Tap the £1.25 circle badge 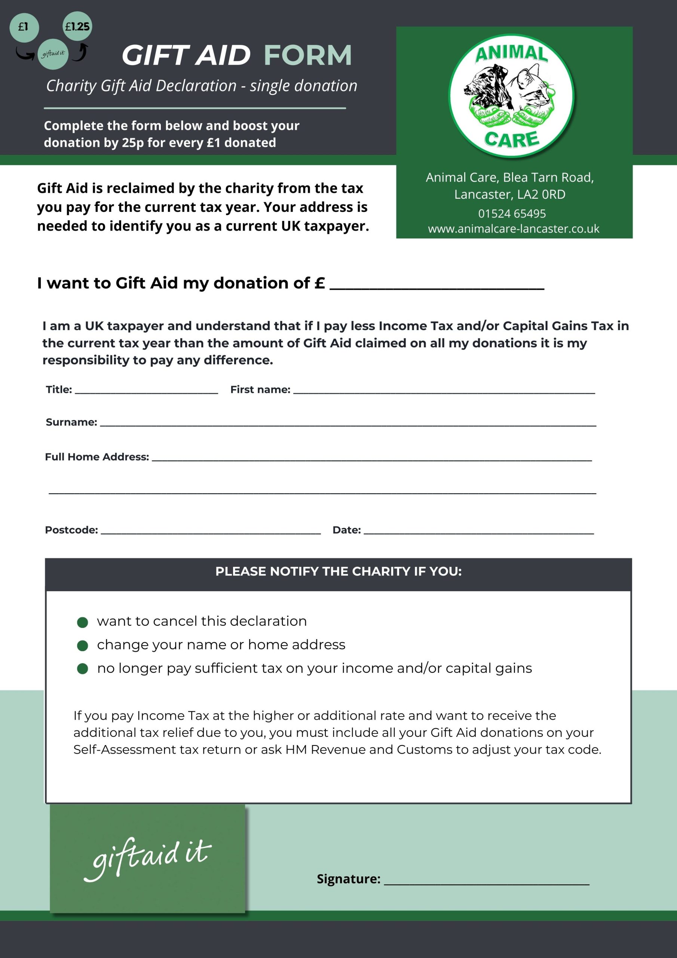pos(77,27)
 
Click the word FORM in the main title pos(308,55)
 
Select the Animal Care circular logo pos(511,95)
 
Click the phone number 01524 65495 pos(512,214)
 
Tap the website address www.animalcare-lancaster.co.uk pos(514,229)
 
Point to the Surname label pos(71,422)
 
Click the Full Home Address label pos(97,457)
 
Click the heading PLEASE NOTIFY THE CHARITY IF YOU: pos(338,571)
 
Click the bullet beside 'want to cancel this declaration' pos(83,623)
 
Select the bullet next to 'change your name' pos(83,646)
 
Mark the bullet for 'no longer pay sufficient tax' pos(83,669)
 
